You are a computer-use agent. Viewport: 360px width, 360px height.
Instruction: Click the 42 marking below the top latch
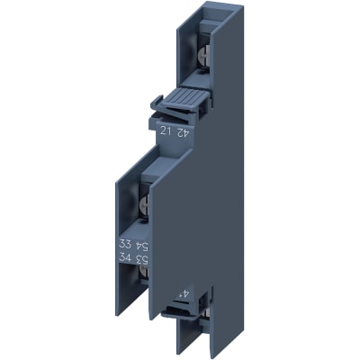pyautogui.click(x=184, y=130)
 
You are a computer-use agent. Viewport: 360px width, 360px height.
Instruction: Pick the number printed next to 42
pyautogui.click(x=165, y=130)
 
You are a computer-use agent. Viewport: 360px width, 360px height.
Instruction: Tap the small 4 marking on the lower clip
pyautogui.click(x=184, y=292)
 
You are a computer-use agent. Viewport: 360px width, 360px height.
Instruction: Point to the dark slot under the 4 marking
pyautogui.click(x=184, y=311)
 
